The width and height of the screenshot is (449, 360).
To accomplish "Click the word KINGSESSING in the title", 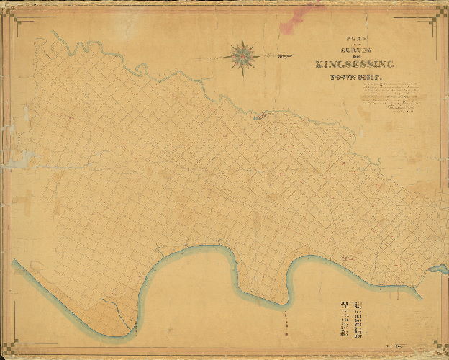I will pos(355,65).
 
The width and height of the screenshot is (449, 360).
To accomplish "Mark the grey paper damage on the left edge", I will pos(14,155).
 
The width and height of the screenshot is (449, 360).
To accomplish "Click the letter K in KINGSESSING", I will pos(319,65).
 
